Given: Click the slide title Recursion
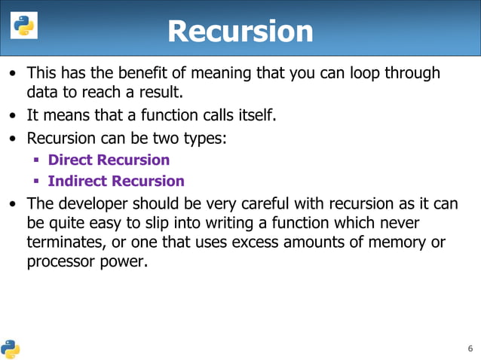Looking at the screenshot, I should point(240,31).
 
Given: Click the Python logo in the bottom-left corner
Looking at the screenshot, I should point(11,349).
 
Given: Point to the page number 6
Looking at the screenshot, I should point(470,349).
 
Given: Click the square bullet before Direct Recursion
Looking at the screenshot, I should point(35,160).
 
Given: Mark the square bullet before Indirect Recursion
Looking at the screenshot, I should point(35,182).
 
